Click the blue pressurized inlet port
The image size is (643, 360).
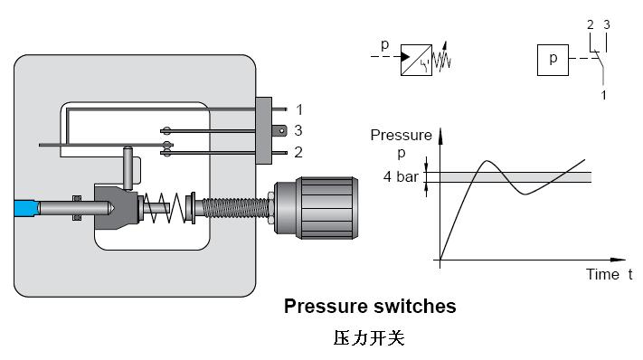25,208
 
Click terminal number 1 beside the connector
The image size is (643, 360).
299,109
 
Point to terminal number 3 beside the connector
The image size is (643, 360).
298,130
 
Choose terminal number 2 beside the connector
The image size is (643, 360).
298,152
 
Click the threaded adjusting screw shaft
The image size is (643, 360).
235,207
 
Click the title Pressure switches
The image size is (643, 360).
370,307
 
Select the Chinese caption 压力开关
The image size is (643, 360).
369,338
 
